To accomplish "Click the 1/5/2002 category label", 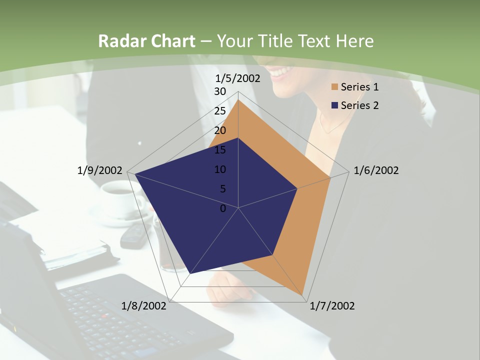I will [x=238, y=78].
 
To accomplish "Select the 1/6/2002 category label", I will [x=376, y=170].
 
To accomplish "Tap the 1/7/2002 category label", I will [x=332, y=306].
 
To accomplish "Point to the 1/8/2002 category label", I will [x=144, y=306].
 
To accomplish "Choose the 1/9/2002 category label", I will [x=100, y=170].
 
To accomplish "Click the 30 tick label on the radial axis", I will [x=220, y=91].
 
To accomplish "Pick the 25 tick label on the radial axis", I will [x=220, y=111].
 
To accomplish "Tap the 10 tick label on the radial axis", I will [x=220, y=169].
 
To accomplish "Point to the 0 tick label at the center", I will [x=223, y=208].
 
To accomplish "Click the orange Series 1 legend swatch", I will [x=334, y=87].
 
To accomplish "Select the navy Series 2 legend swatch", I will [x=334, y=105].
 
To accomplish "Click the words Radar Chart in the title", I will [x=146, y=41].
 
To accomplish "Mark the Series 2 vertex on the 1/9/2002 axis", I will [x=134, y=174].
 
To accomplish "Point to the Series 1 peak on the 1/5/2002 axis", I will [x=238, y=100].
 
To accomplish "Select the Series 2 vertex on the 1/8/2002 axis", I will [x=190, y=273].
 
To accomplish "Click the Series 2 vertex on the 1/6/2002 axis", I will [x=297, y=188].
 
